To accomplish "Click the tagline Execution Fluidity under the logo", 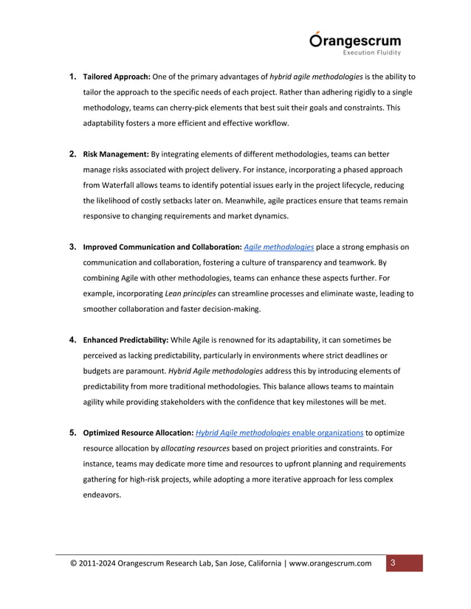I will [372, 53].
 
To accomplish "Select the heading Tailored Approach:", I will [116, 77].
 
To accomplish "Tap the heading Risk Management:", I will [115, 154].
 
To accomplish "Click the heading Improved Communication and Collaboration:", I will [162, 247].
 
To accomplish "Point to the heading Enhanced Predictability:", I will [126, 340].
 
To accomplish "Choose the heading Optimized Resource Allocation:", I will [137, 433].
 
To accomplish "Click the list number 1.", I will [72, 77].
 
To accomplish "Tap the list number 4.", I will [72, 340].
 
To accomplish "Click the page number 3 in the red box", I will [393, 564].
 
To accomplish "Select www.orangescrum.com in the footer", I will [331, 565].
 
